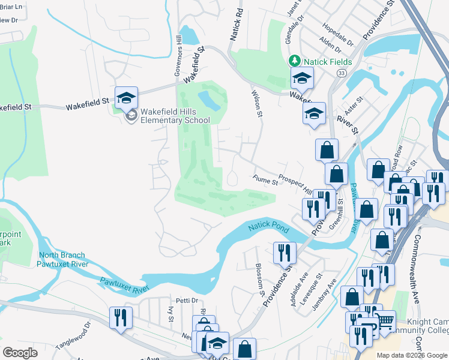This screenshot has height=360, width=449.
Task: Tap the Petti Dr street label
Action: (x=187, y=301)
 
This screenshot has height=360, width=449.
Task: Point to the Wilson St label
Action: (x=256, y=103)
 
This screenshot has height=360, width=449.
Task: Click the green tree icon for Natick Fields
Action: (x=295, y=61)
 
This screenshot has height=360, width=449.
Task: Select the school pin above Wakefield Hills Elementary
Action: (x=127, y=98)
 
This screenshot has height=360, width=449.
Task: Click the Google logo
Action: (x=20, y=353)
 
